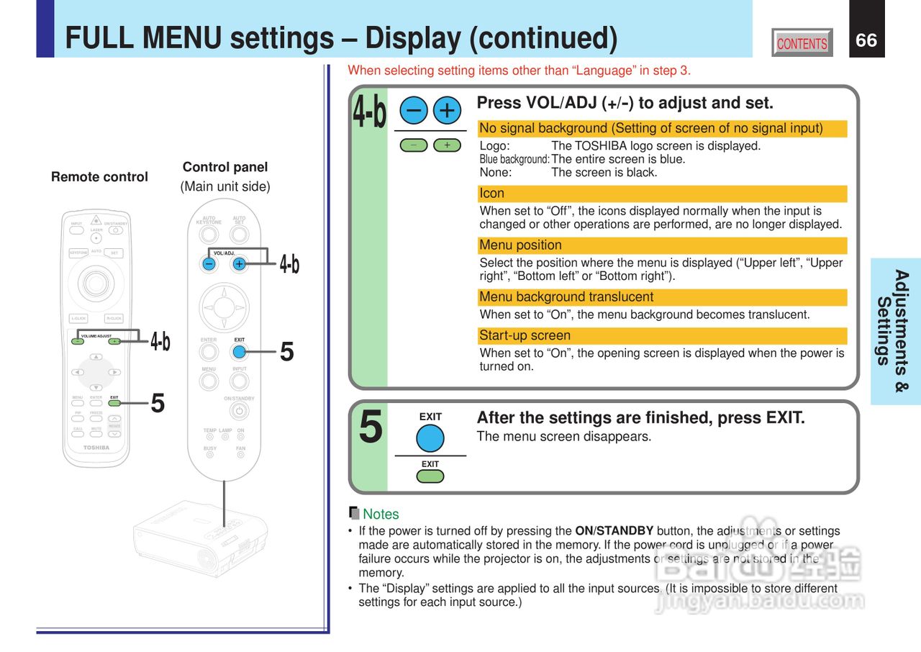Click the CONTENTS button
click(x=802, y=43)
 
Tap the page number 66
click(x=866, y=40)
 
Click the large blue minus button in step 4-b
click(x=414, y=110)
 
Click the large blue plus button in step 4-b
click(x=447, y=110)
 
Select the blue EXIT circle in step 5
click(x=430, y=438)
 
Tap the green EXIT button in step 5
click(x=430, y=476)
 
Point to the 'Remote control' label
click(x=99, y=177)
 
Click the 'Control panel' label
click(x=224, y=167)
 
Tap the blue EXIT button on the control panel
click(x=240, y=352)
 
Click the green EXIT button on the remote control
click(x=114, y=403)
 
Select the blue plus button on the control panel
click(x=239, y=263)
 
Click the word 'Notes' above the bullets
click(x=381, y=515)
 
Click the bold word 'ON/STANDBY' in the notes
click(x=614, y=532)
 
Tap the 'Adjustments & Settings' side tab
click(x=894, y=331)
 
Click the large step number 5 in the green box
click(x=370, y=427)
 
